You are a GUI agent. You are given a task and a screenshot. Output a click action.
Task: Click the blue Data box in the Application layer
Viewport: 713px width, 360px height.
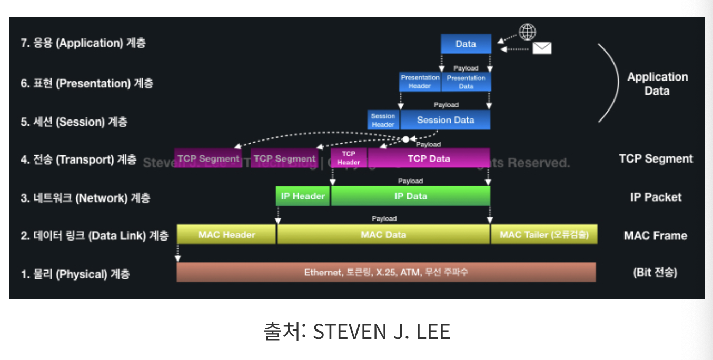pyautogui.click(x=466, y=44)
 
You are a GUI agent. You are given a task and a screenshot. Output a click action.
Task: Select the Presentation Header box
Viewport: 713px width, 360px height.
pyautogui.click(x=420, y=82)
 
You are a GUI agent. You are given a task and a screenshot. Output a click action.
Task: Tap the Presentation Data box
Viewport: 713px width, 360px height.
pyautogui.click(x=466, y=82)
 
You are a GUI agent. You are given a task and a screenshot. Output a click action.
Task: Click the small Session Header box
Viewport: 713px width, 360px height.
pyautogui.click(x=383, y=120)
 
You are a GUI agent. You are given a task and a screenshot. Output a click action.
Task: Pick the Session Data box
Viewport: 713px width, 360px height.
pyautogui.click(x=445, y=120)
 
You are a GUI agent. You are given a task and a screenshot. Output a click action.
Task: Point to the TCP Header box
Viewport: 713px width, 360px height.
pyautogui.click(x=348, y=158)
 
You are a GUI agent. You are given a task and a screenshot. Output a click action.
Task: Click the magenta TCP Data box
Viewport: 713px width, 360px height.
pyautogui.click(x=429, y=158)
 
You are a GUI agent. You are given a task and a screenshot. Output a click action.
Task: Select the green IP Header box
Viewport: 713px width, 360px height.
pyautogui.click(x=303, y=196)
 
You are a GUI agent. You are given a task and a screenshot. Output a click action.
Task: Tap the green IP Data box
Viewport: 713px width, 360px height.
pyautogui.click(x=411, y=196)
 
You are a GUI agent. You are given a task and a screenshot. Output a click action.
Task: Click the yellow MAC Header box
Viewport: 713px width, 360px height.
pyautogui.click(x=226, y=235)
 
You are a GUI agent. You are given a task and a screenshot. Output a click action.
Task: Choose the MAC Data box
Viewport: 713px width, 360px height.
pyautogui.click(x=383, y=235)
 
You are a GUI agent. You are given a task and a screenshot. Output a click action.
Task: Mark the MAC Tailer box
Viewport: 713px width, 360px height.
pyautogui.click(x=544, y=235)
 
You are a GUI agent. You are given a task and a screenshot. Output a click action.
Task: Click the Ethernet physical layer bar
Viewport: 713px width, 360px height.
pyautogui.click(x=386, y=272)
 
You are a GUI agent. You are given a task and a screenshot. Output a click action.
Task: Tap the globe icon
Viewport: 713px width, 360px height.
pyautogui.click(x=527, y=32)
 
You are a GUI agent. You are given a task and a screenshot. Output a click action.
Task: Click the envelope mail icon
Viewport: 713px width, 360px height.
pyautogui.click(x=542, y=48)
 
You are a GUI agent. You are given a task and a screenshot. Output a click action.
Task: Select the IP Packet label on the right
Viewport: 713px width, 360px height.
pyautogui.click(x=656, y=197)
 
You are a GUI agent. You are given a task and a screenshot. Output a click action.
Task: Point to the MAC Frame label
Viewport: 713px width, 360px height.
pyautogui.click(x=655, y=236)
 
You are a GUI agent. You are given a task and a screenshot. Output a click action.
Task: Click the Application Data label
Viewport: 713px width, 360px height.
pyautogui.click(x=657, y=84)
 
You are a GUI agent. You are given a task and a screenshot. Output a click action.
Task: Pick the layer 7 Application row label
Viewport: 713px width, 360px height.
pyautogui.click(x=83, y=43)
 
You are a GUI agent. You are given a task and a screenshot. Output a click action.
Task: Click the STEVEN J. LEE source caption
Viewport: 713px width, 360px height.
pyautogui.click(x=356, y=332)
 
